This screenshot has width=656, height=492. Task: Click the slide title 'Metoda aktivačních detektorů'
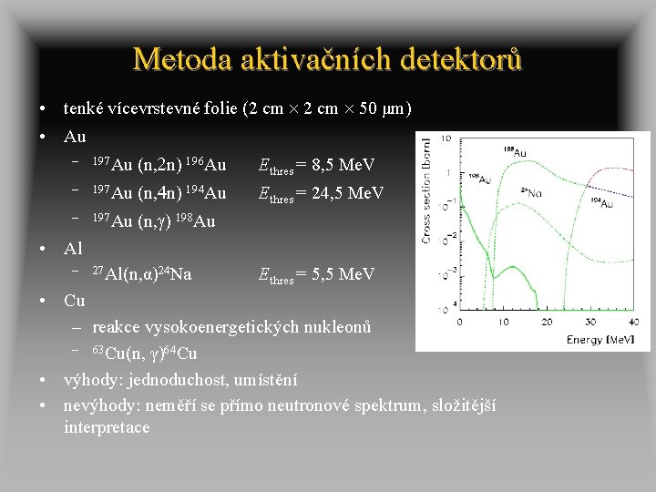[327, 59]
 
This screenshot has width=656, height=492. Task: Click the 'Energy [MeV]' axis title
[600, 340]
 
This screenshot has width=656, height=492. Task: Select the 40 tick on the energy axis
[634, 323]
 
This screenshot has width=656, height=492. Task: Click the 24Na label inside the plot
[533, 192]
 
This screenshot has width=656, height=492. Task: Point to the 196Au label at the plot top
[513, 151]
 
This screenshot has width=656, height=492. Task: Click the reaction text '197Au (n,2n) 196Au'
[159, 166]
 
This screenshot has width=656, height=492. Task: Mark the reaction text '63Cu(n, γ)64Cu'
[145, 354]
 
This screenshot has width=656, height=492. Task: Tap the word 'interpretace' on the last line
[107, 427]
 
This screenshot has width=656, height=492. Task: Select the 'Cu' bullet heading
[75, 301]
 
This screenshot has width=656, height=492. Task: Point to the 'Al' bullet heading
[74, 248]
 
